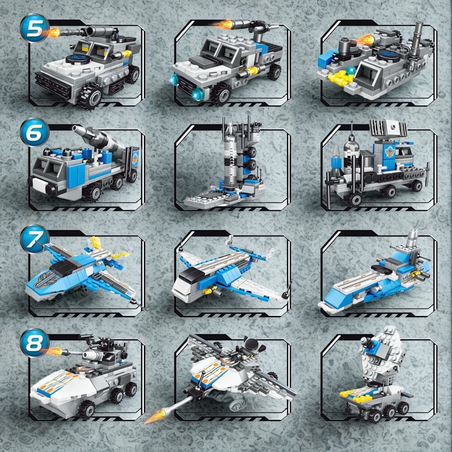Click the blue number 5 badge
(x=34, y=28)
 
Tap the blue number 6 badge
(x=34, y=132)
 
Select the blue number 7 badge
(x=34, y=239)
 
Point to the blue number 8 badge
(x=34, y=343)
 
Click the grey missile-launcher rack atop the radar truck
(x=388, y=128)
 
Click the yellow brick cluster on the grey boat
(x=342, y=77)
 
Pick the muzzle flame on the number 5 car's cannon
(x=53, y=32)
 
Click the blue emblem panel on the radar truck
(x=390, y=152)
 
